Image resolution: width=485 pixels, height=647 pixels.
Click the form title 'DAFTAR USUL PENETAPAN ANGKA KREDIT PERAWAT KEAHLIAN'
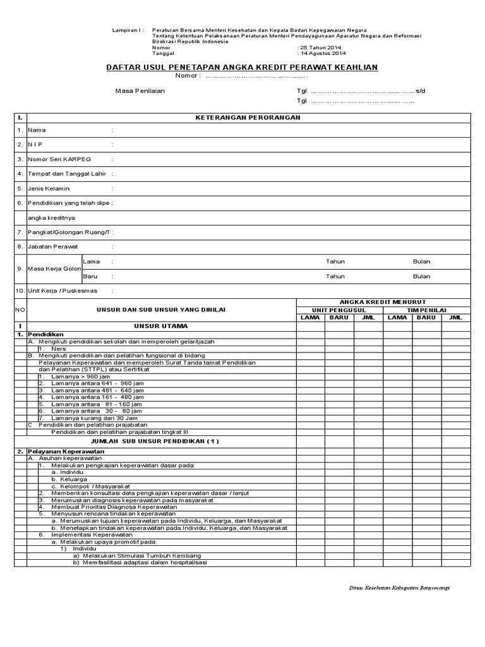click(x=242, y=67)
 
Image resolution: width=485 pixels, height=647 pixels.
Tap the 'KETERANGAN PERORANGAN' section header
click(x=248, y=118)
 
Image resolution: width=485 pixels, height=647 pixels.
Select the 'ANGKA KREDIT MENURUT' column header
click(x=383, y=302)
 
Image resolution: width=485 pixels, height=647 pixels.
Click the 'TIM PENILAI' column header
click(x=426, y=310)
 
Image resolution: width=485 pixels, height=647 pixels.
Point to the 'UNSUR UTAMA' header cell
click(x=161, y=325)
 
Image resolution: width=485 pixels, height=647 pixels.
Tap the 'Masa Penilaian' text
click(x=140, y=90)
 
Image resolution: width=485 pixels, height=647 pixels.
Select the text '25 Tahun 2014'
click(x=321, y=47)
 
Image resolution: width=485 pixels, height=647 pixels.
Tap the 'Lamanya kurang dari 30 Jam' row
click(x=96, y=418)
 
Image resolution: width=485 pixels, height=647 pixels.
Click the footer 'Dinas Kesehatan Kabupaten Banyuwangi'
click(x=398, y=587)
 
